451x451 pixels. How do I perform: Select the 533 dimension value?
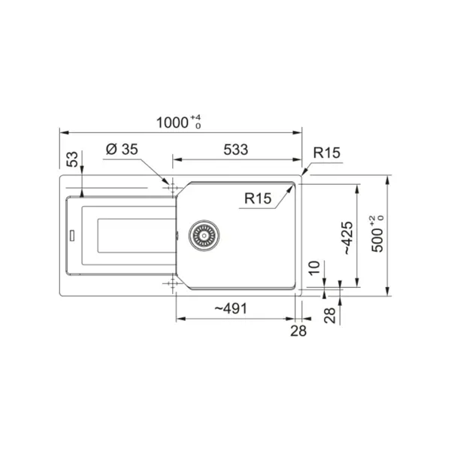pos(236,150)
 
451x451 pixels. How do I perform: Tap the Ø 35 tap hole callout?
pos(122,150)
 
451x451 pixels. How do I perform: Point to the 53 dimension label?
pos(72,159)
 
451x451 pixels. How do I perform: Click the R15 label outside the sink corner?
pos(326,153)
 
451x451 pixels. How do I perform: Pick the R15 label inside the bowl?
pos(258,198)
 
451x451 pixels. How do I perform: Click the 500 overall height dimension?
pos(377,234)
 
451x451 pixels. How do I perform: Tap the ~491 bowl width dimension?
pos(231,309)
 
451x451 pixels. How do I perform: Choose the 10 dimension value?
pos(314,268)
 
